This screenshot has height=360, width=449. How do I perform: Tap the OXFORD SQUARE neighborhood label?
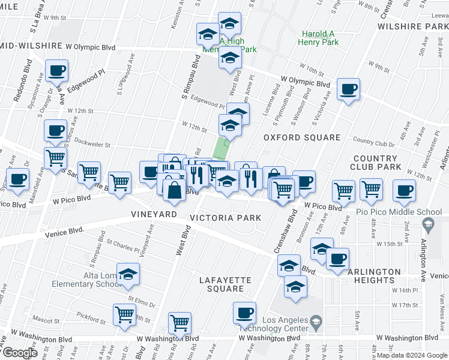tap(302, 137)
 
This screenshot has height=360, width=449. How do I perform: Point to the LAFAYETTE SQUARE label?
tap(222, 284)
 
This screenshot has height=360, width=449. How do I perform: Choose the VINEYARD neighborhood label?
tap(154, 214)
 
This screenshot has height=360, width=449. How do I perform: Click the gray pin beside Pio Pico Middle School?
tap(427, 226)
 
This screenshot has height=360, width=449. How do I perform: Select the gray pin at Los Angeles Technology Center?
tap(315, 325)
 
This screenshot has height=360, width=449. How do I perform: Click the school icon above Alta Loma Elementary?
tap(127, 275)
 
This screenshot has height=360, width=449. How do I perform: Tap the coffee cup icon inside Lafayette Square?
tap(245, 313)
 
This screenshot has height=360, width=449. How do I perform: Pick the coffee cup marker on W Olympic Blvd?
tap(348, 90)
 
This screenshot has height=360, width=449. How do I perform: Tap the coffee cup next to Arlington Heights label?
tap(338, 259)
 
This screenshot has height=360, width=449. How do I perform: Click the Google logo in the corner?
tap(20, 353)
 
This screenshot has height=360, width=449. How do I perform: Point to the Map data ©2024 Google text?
tap(412, 355)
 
